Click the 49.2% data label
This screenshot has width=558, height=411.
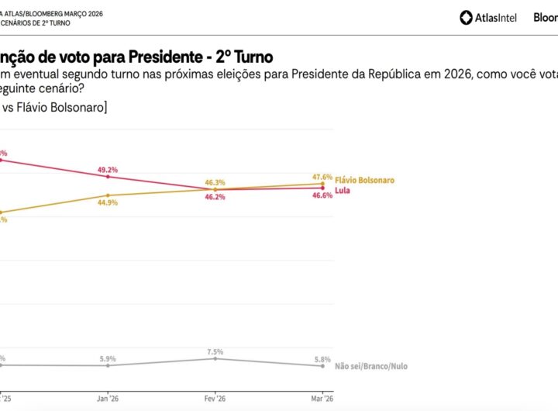pos(107,170)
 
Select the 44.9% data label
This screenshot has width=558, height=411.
pos(107,203)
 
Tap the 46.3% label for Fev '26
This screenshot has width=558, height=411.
pos(215,183)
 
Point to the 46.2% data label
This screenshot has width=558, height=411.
pos(215,198)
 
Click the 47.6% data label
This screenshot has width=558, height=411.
pos(322,177)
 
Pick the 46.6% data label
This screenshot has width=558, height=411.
pos(322,195)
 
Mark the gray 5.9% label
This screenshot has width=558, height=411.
pos(107,358)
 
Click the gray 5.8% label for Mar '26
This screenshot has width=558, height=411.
pos(322,358)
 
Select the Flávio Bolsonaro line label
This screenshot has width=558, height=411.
pos(365,180)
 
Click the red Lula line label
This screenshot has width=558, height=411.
pos(343,188)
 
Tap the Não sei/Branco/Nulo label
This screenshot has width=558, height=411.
pos(371,366)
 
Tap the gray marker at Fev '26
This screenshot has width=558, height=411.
pos(215,358)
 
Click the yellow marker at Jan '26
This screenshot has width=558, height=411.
pos(107,195)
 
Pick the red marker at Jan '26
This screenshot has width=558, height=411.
pos(107,177)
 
